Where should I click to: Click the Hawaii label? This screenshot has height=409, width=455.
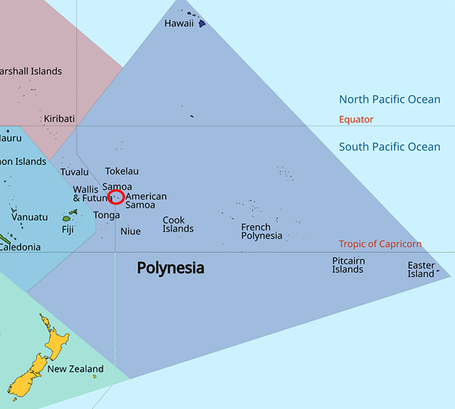[179, 24]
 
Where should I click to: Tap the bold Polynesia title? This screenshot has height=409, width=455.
[170, 268]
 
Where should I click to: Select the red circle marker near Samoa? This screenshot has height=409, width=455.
[116, 197]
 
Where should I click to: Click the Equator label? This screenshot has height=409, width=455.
[356, 119]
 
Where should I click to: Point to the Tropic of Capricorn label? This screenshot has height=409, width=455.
[380, 244]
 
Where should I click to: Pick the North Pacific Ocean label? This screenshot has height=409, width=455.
[389, 100]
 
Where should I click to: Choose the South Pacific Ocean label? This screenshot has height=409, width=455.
[389, 147]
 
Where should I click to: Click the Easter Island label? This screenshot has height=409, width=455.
[421, 269]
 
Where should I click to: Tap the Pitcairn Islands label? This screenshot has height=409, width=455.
[348, 265]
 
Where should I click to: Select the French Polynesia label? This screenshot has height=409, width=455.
[261, 231]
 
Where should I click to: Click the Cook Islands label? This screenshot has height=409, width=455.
[178, 224]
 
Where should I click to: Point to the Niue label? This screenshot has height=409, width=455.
[130, 231]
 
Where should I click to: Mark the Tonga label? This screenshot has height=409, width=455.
[107, 215]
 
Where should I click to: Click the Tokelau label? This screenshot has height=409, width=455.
[122, 171]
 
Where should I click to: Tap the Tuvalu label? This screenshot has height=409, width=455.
[75, 172]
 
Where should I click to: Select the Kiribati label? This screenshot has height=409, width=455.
[59, 119]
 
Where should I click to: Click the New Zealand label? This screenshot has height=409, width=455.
[75, 369]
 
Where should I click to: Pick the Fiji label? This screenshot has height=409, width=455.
[67, 230]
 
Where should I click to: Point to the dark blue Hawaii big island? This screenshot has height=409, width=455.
[202, 24]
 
